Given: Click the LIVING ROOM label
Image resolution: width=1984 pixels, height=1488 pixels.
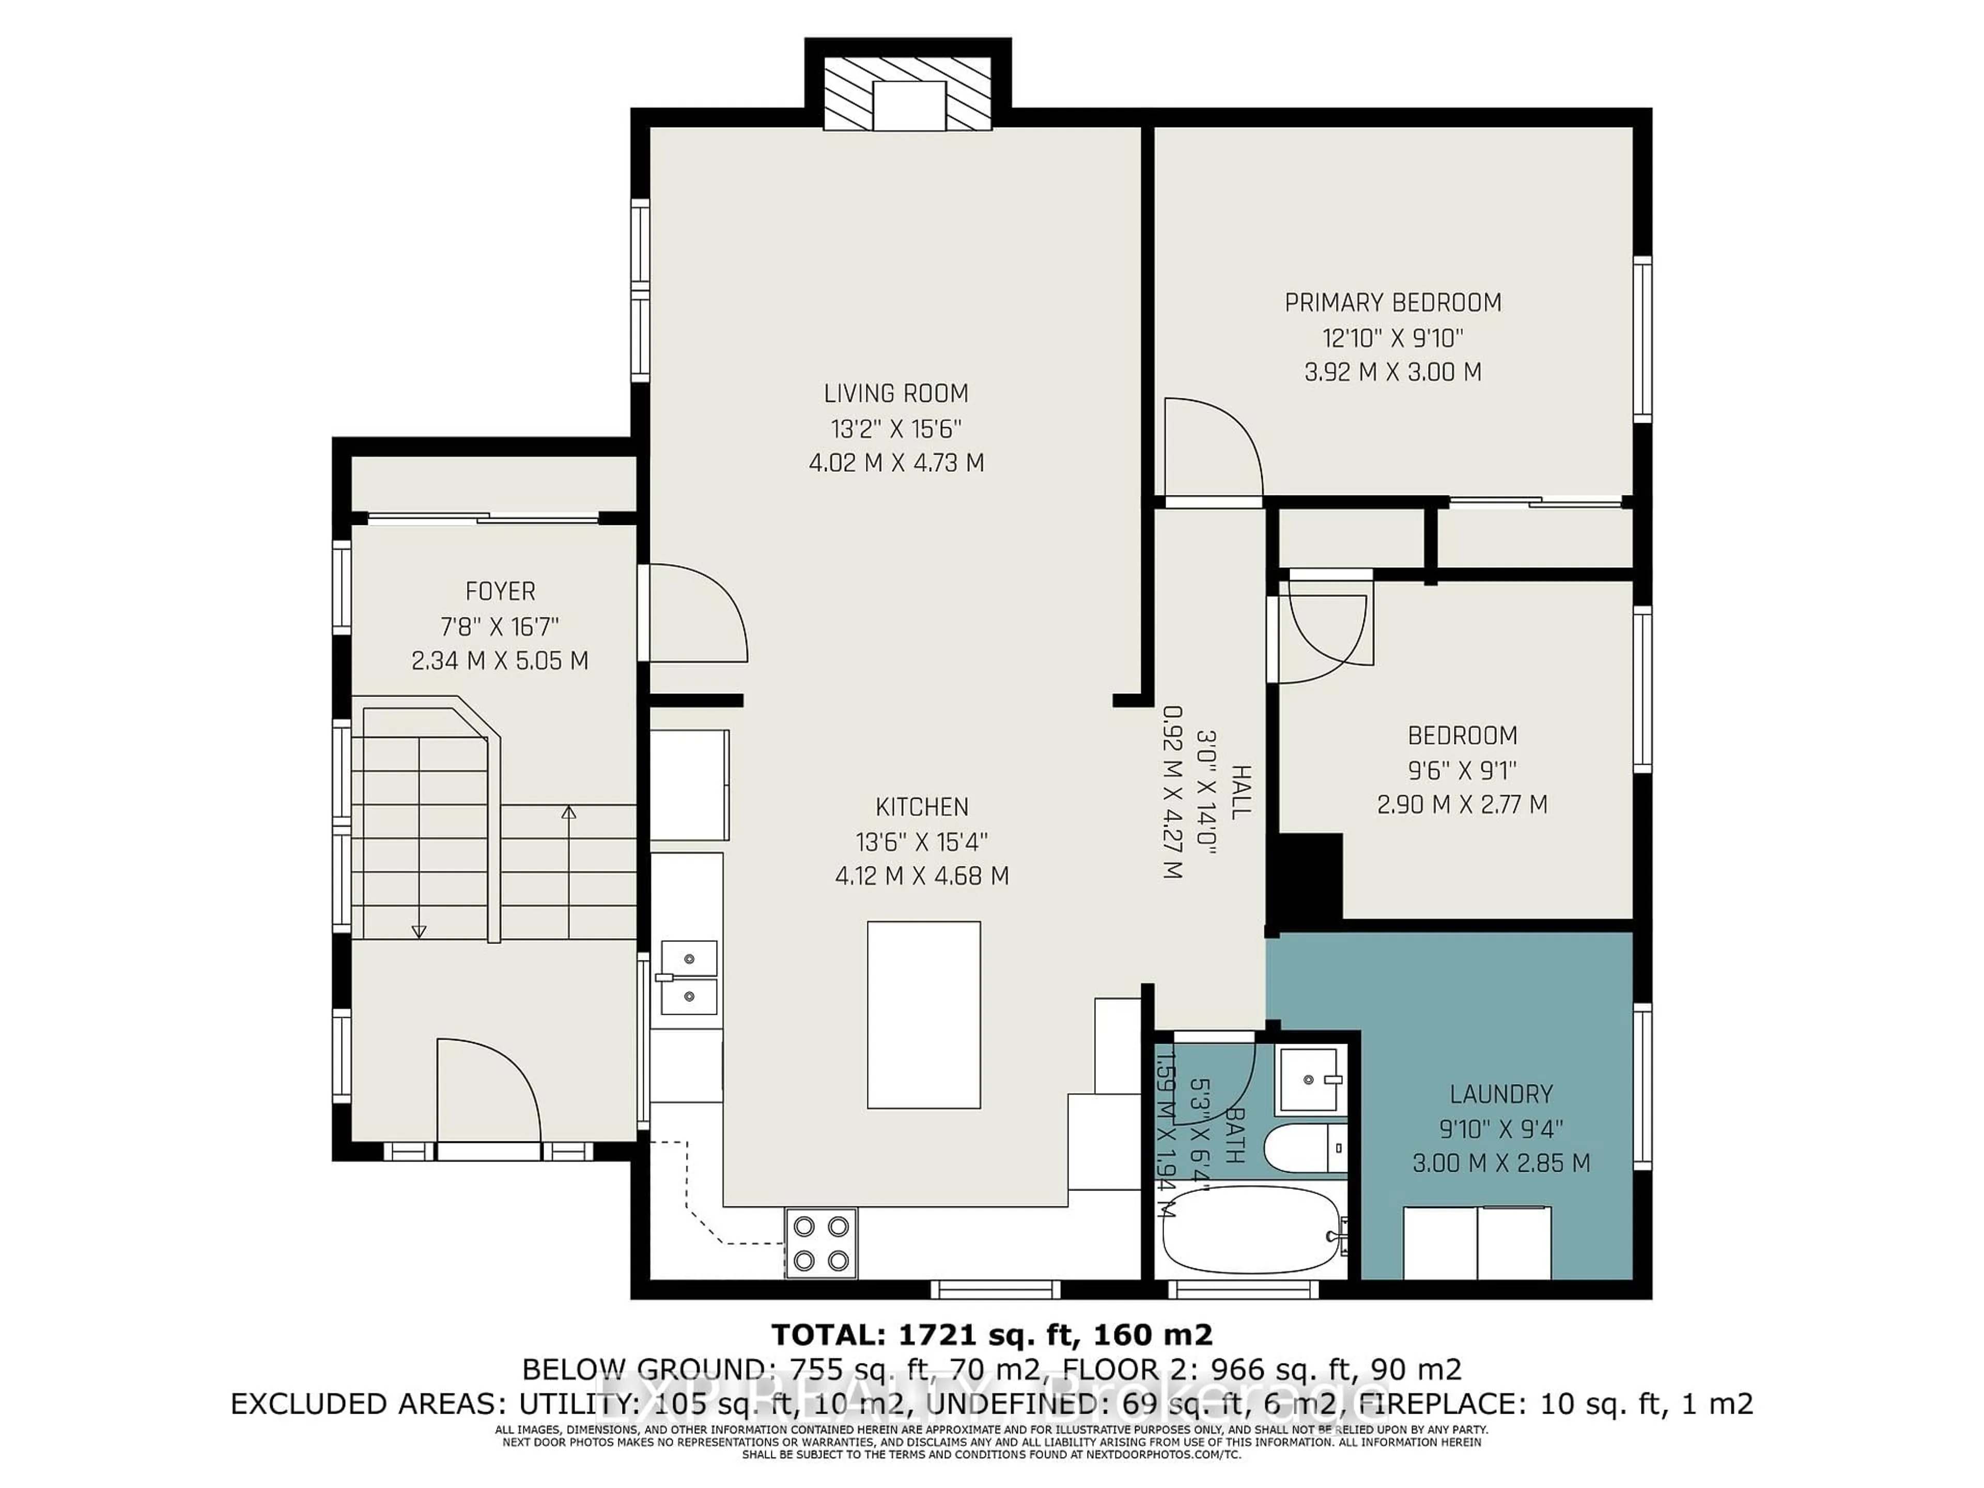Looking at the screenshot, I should (x=896, y=393).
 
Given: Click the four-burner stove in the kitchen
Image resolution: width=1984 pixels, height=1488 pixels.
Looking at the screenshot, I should (x=820, y=1243).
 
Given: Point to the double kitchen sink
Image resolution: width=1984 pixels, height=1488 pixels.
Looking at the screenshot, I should (x=689, y=977).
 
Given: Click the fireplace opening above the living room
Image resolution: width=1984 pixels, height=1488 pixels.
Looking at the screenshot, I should (x=909, y=105).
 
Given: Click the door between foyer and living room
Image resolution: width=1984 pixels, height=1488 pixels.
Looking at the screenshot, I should (x=695, y=613).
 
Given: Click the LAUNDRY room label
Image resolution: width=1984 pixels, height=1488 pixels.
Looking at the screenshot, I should (x=1500, y=1094).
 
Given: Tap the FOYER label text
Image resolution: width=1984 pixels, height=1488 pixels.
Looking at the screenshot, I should (x=500, y=591).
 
